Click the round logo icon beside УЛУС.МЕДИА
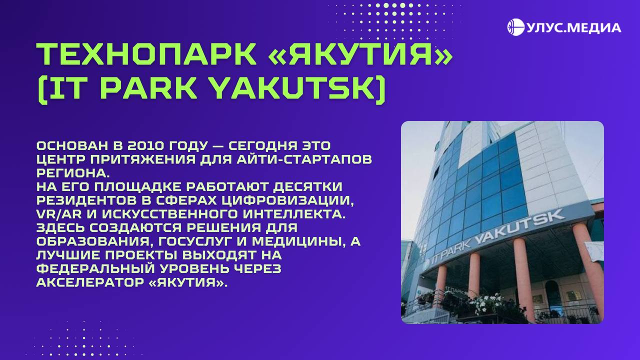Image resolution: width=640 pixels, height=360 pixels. [515, 27]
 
